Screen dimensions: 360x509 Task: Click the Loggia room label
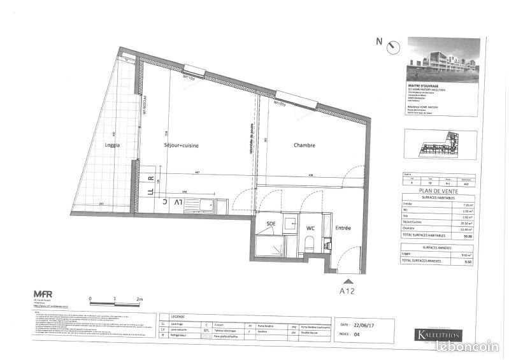(112, 145)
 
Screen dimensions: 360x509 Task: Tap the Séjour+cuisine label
(181, 146)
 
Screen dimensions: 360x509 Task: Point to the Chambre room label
(304, 145)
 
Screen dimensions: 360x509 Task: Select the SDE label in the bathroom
(271, 224)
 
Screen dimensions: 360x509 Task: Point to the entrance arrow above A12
(347, 279)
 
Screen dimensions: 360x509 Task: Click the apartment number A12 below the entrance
(347, 291)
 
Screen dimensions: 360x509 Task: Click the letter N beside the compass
(379, 42)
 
